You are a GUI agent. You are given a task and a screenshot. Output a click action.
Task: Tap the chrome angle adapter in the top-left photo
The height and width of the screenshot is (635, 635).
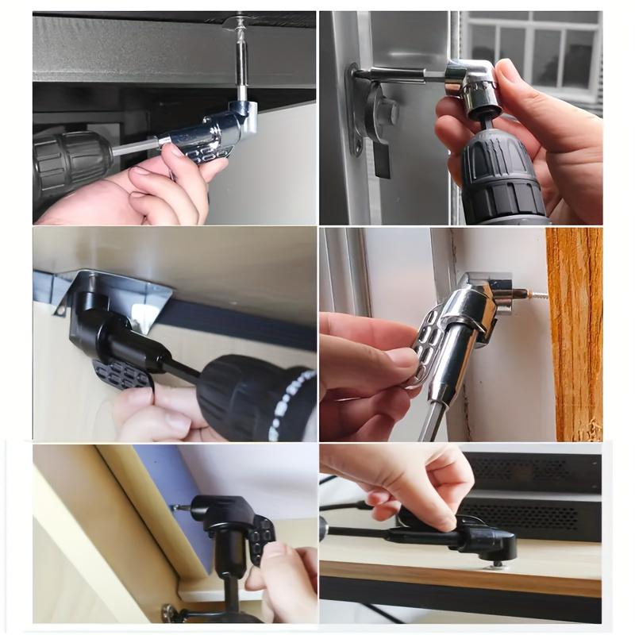pos(214,131)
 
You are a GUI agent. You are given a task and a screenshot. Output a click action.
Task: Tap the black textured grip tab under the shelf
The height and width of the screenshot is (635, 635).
pos(123,373)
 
